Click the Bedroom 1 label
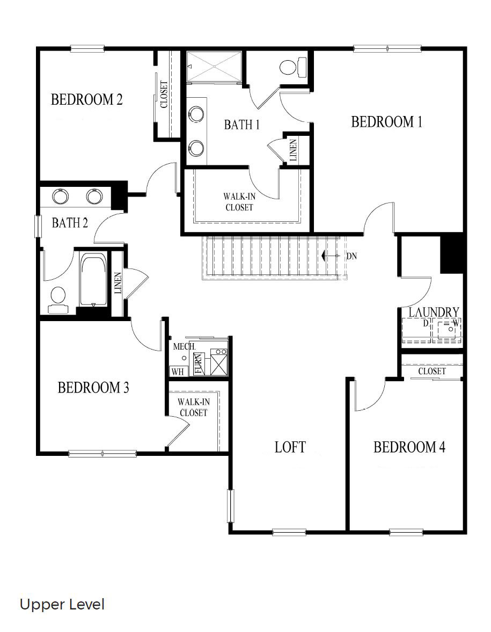click(x=386, y=122)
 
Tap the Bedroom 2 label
click(x=87, y=99)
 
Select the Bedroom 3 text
click(x=93, y=387)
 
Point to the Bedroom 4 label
click(x=409, y=447)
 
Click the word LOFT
click(x=290, y=447)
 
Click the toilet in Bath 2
click(x=57, y=298)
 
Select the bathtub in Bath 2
click(x=94, y=281)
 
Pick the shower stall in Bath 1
click(x=214, y=66)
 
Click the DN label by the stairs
click(x=351, y=256)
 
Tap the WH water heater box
click(x=177, y=371)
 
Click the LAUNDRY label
click(x=434, y=312)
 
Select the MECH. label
click(x=184, y=346)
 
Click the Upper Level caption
click(x=62, y=605)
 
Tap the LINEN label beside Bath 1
click(x=293, y=150)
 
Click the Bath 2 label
click(x=70, y=223)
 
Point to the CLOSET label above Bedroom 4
click(x=432, y=371)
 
